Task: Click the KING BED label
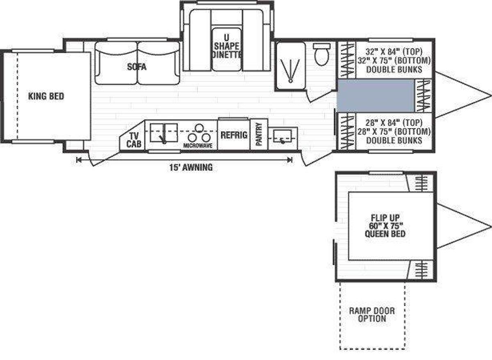pos(46,96)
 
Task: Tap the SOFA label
pos(137,67)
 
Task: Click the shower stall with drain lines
pos(290,66)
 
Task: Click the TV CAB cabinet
pos(133,140)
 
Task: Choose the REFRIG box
pos(233,135)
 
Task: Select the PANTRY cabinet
pos(259,135)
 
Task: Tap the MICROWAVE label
pos(198,146)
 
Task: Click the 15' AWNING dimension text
pos(191,167)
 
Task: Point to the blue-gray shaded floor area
pos(375,95)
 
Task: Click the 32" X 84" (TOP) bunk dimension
pos(394,52)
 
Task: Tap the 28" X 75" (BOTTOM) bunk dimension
pos(394,132)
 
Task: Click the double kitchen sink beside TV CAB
pos(163,132)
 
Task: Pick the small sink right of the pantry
pos(282,135)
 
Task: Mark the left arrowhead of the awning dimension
pos(78,159)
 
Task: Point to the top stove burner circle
pos(199,127)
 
